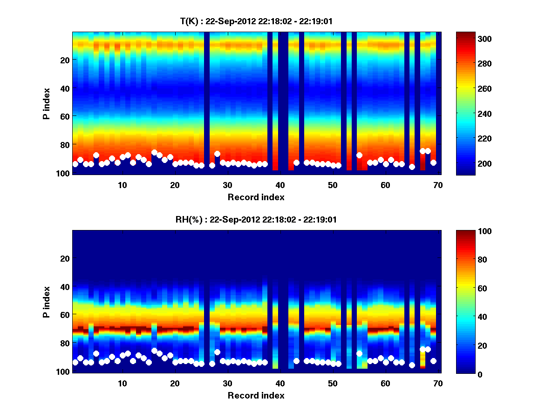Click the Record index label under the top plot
(256, 197)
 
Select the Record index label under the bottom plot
(256, 396)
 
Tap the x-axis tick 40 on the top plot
(280, 185)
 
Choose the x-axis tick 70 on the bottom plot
(438, 383)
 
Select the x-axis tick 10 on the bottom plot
(122, 383)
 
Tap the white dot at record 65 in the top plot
(412, 167)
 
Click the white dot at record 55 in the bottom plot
(359, 353)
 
